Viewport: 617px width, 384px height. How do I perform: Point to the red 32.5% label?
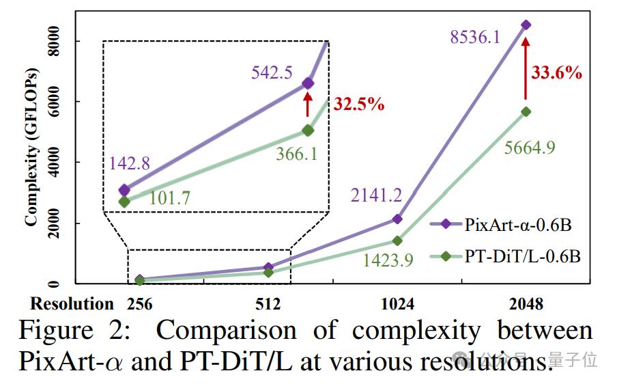pos(357,105)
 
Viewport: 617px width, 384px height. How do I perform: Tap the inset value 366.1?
pos(296,154)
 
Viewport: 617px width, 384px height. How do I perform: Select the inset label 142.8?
pos(129,163)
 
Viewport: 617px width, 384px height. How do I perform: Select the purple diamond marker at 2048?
pos(526,25)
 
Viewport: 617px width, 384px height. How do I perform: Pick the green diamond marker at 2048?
pos(526,111)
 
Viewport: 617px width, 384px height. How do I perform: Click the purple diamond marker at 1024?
pos(397,219)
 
